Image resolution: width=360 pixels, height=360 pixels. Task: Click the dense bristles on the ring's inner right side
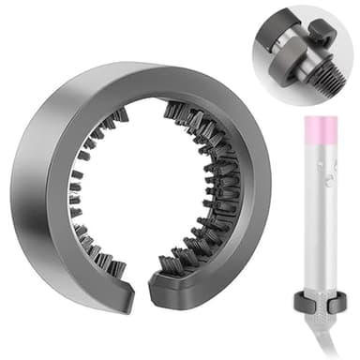point(211,187)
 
